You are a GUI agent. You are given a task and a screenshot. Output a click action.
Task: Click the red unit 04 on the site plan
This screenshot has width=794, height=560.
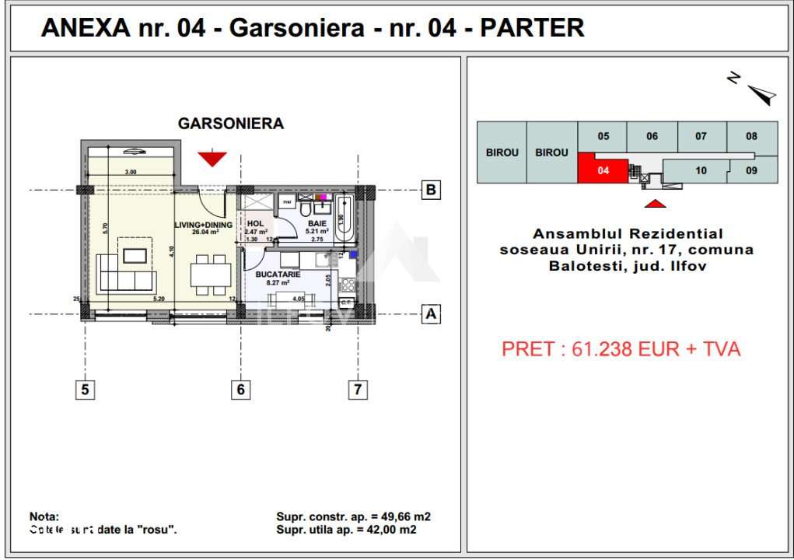(602, 169)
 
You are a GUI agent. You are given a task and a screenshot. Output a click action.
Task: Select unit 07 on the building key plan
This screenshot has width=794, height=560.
(701, 136)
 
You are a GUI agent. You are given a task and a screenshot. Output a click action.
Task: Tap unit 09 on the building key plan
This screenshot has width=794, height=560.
(751, 170)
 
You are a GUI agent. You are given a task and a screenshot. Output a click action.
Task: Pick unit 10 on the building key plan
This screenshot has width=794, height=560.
(701, 170)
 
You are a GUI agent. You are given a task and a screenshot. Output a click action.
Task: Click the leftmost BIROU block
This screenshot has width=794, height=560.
(502, 152)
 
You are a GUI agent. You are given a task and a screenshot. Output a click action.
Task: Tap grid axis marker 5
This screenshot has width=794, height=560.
(86, 390)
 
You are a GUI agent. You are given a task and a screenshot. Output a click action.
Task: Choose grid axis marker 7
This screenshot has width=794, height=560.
(357, 390)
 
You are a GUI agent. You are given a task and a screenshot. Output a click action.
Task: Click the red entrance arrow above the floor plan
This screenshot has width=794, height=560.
(212, 159)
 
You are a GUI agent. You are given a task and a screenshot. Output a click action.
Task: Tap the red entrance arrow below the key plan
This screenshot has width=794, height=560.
(656, 203)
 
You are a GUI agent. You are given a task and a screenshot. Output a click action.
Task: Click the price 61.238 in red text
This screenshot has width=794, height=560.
(598, 349)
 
